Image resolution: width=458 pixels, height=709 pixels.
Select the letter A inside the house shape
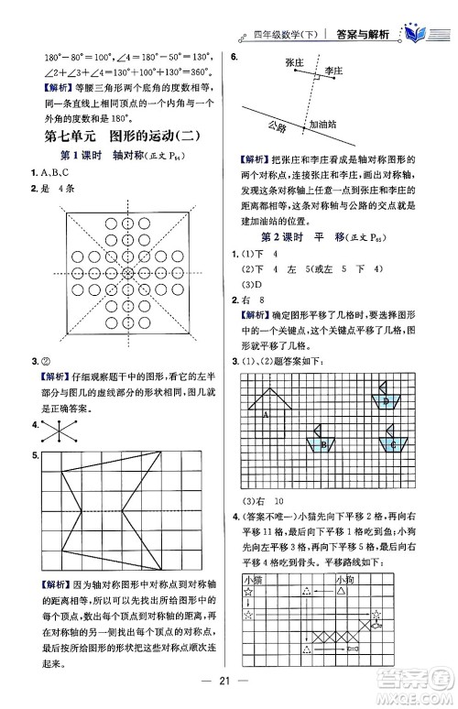264,414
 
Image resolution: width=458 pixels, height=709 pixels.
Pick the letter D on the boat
387,400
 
